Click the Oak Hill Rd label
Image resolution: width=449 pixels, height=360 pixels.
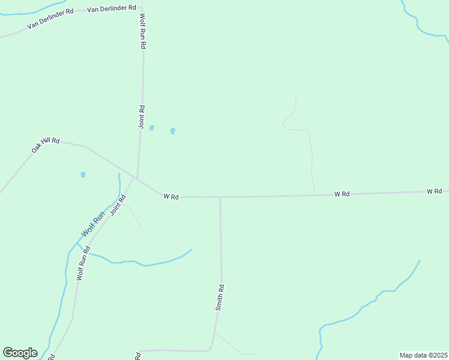[x=46, y=144]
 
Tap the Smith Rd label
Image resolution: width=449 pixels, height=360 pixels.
[x=220, y=297]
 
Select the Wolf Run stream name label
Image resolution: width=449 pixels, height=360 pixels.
[x=93, y=223]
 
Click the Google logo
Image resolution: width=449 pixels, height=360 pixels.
[x=20, y=353]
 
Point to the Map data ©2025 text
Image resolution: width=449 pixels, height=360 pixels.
[x=423, y=355]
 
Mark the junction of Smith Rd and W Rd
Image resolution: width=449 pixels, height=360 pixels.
[x=220, y=197]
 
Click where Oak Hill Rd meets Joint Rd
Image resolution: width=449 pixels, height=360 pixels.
[x=137, y=178]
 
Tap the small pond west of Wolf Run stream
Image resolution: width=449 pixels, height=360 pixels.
[x=83, y=175]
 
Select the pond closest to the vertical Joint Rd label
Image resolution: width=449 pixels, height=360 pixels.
[x=152, y=128]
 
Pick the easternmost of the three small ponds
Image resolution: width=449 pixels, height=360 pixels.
[x=173, y=131]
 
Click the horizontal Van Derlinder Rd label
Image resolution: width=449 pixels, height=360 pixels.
[x=111, y=10]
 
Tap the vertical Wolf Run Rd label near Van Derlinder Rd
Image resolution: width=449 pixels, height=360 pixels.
[x=143, y=31]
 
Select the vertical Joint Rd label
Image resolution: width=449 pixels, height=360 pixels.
[x=142, y=117]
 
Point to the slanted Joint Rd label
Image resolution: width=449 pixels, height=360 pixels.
[x=118, y=205]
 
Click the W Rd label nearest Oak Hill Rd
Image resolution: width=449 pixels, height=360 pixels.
[x=171, y=196]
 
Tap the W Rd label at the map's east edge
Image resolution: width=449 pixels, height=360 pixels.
[x=435, y=191]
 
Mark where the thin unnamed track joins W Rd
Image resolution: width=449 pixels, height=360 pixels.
[x=314, y=194]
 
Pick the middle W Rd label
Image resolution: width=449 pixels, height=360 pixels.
[x=342, y=194]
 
